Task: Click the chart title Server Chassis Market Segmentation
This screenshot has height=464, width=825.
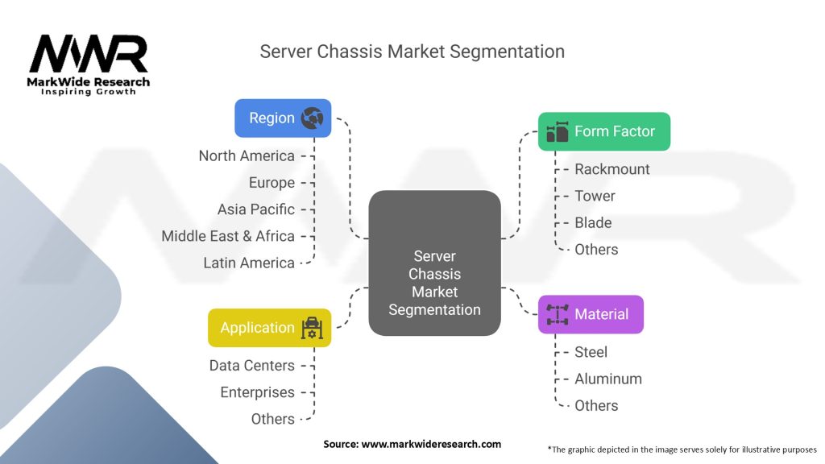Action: (x=412, y=52)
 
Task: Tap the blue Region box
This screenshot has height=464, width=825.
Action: (x=283, y=118)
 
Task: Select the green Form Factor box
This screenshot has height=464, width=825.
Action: (x=603, y=131)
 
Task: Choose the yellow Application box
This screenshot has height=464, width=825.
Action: (x=269, y=328)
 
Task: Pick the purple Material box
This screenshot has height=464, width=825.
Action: (x=591, y=314)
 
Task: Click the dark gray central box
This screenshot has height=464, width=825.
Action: (x=434, y=263)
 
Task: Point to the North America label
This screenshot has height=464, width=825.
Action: (x=247, y=155)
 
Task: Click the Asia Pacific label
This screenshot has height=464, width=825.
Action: (x=256, y=209)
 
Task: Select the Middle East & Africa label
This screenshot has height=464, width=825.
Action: (x=228, y=236)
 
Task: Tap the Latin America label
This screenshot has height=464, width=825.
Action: (x=249, y=263)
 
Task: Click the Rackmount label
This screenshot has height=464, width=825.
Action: (x=612, y=169)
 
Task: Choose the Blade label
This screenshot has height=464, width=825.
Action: (x=593, y=223)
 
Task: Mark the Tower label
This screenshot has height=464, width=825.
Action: (x=595, y=196)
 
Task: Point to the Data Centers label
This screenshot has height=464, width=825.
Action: (x=252, y=365)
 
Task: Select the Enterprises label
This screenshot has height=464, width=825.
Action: (x=258, y=392)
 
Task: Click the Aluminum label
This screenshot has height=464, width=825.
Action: (x=608, y=379)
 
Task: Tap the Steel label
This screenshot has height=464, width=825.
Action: (x=591, y=352)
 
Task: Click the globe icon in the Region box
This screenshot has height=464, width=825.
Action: (x=312, y=118)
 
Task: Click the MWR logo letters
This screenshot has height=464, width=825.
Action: (x=89, y=54)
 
